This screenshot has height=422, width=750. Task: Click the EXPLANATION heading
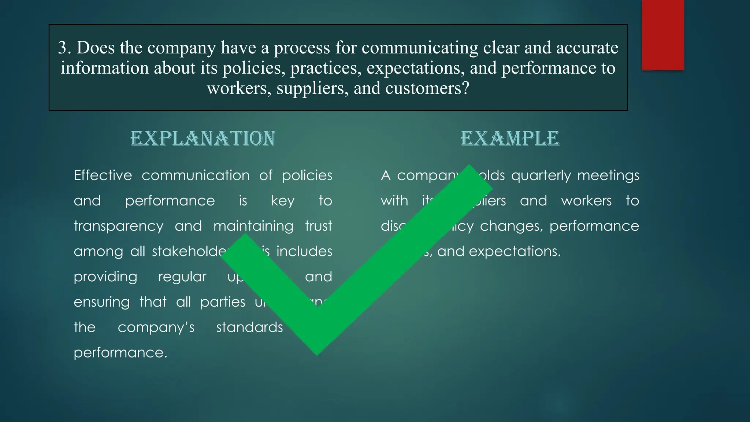pyautogui.click(x=203, y=138)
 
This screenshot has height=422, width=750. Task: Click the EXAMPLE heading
pyautogui.click(x=510, y=138)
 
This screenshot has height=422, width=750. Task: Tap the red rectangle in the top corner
pyautogui.click(x=663, y=35)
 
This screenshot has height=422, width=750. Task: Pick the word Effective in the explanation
pyautogui.click(x=103, y=175)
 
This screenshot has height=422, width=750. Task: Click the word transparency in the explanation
pyautogui.click(x=118, y=226)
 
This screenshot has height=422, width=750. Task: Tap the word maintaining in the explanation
pyautogui.click(x=253, y=226)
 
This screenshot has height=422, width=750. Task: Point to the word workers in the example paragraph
pyautogui.click(x=586, y=201)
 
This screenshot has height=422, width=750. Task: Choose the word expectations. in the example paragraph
pyautogui.click(x=515, y=252)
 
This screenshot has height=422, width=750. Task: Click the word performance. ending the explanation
pyautogui.click(x=120, y=353)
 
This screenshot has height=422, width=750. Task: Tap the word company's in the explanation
pyautogui.click(x=156, y=327)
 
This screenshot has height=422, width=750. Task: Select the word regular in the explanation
pyautogui.click(x=182, y=277)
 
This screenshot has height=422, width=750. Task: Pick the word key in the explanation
pyautogui.click(x=283, y=201)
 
